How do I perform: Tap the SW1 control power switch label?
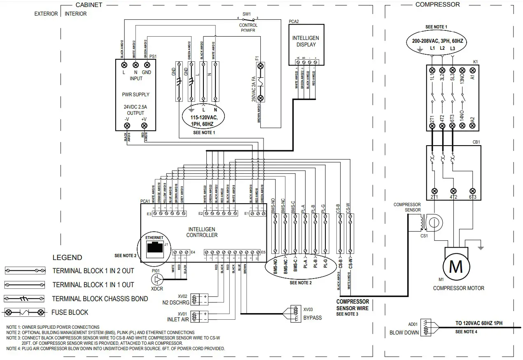[x=246, y=14]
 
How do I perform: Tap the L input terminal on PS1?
[x=124, y=65]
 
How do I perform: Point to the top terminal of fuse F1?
[x=260, y=65]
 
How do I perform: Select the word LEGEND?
[x=67, y=258]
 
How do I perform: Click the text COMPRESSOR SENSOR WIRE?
[x=353, y=305]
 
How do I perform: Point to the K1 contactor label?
[x=476, y=62]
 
